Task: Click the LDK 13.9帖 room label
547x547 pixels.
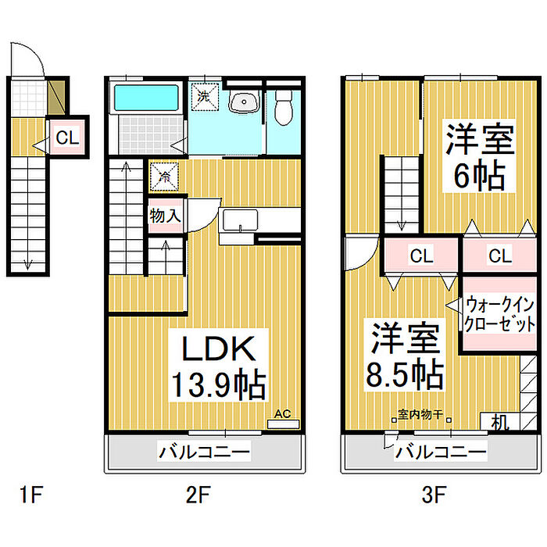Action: [219, 366]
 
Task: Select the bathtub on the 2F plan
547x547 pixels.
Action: [147, 99]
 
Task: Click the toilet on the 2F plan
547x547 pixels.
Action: [284, 108]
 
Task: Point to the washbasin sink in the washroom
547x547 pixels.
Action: [245, 103]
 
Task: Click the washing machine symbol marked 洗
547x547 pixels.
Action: [204, 98]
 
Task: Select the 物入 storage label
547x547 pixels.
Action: [165, 216]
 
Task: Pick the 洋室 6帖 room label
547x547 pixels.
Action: [479, 157]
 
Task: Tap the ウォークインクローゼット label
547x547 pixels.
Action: [499, 313]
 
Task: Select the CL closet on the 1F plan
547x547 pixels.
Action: [66, 138]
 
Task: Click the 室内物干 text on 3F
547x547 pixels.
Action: [420, 415]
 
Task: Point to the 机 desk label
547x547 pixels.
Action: [500, 423]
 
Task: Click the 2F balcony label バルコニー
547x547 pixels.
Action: [205, 451]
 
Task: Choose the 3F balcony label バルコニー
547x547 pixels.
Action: [441, 451]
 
